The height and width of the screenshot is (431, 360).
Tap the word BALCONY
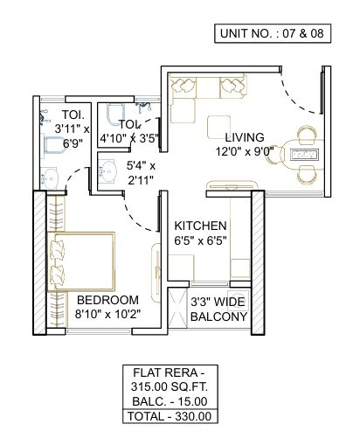pyautogui.click(x=218, y=316)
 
